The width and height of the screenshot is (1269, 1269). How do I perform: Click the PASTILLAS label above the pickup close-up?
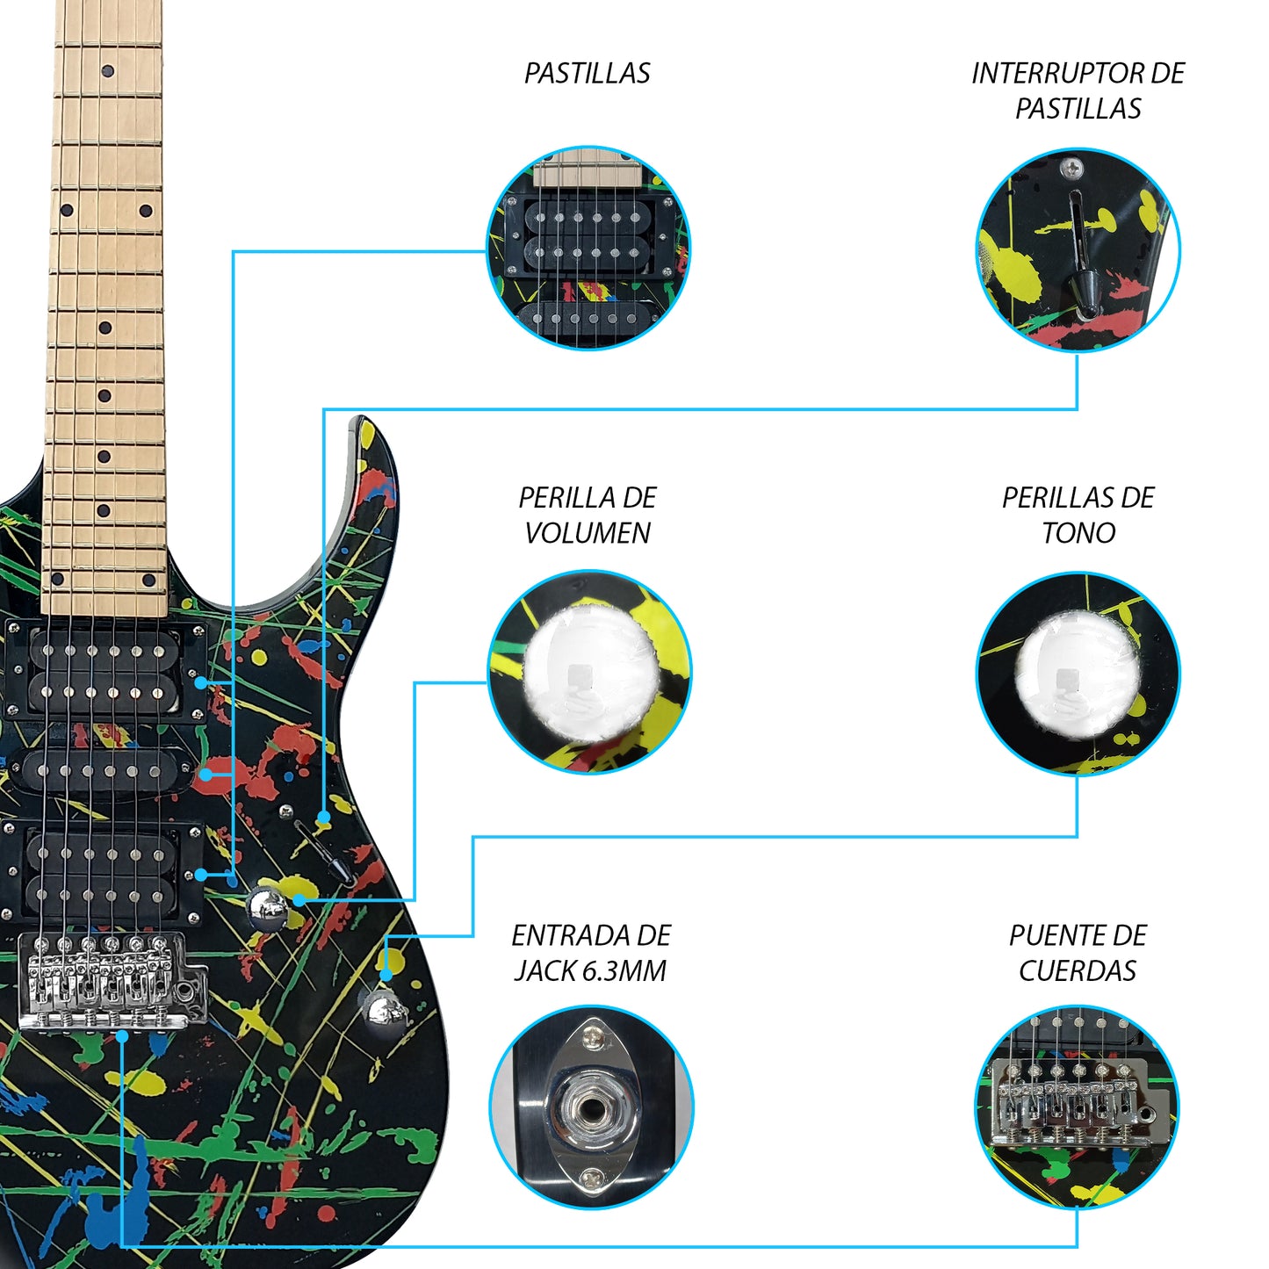(587, 73)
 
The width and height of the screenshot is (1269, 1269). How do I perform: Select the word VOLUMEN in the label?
(587, 532)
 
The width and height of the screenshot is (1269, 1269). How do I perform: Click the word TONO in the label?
(1078, 532)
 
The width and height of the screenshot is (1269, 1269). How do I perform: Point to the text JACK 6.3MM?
(590, 970)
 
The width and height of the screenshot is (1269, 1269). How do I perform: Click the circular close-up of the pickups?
(588, 248)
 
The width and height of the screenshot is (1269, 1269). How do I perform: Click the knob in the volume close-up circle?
(589, 672)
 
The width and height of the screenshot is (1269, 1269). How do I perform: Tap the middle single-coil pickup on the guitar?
(103, 771)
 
